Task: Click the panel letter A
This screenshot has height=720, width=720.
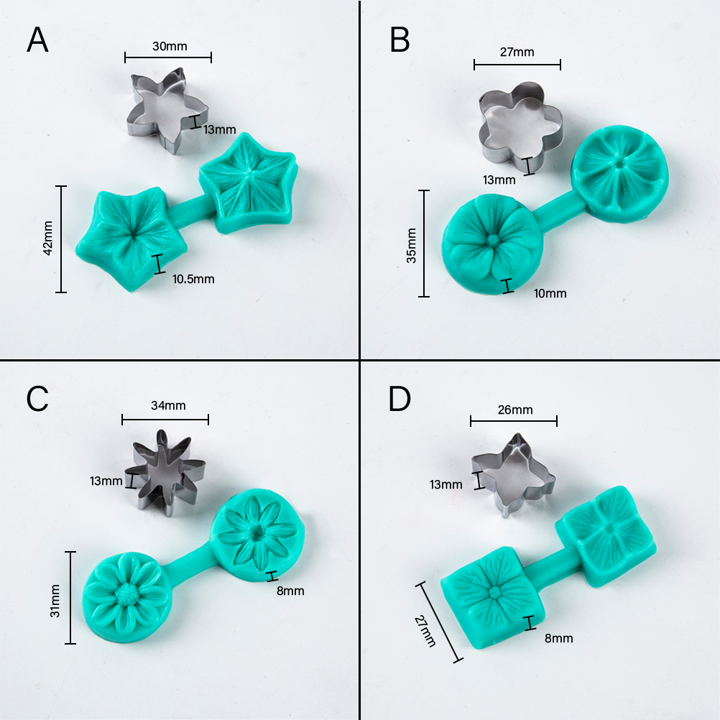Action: (x=37, y=40)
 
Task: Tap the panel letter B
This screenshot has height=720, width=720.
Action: (x=400, y=40)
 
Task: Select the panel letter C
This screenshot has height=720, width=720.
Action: (x=37, y=399)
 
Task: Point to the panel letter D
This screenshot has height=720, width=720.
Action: (x=400, y=399)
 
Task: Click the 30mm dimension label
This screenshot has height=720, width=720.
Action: (x=170, y=46)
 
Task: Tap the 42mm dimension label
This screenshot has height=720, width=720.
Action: (x=47, y=238)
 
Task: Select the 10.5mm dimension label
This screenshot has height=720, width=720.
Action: (x=193, y=279)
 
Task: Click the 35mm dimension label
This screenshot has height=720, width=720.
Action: (x=412, y=246)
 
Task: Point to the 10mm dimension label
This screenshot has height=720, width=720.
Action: (x=550, y=293)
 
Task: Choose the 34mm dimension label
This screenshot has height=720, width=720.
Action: (x=169, y=405)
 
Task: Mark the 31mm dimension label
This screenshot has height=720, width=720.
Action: (x=55, y=601)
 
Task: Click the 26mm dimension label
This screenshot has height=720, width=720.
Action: (x=515, y=410)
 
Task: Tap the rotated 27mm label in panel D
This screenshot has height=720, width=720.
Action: (x=425, y=631)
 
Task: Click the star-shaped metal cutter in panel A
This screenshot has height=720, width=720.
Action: (x=167, y=111)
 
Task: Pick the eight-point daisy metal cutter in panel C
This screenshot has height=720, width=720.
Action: (x=165, y=473)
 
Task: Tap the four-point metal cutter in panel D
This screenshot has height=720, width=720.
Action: (x=513, y=475)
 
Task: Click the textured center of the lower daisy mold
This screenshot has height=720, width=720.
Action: (x=124, y=594)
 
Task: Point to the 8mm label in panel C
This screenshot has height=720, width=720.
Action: (x=290, y=591)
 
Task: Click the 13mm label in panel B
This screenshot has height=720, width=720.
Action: (x=499, y=180)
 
